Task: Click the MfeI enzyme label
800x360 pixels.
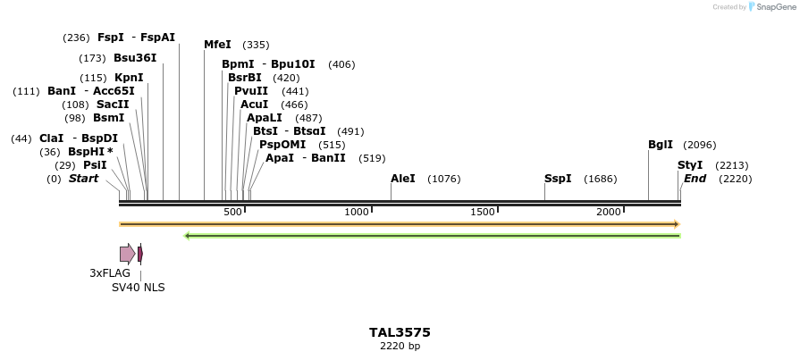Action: pyautogui.click(x=217, y=45)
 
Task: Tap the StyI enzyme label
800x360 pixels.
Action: pyautogui.click(x=690, y=165)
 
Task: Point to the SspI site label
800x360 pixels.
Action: pyautogui.click(x=558, y=179)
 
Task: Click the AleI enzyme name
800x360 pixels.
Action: pyautogui.click(x=403, y=179)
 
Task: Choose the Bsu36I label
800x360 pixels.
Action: pyautogui.click(x=135, y=58)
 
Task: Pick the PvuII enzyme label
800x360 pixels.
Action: pyautogui.click(x=251, y=91)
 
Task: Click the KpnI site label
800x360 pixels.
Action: pyautogui.click(x=129, y=78)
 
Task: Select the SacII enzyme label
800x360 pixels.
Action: pyautogui.click(x=113, y=105)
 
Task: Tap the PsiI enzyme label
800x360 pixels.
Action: pyautogui.click(x=95, y=165)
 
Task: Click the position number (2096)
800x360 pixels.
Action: pyautogui.click(x=699, y=145)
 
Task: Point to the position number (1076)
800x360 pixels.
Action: pyautogui.click(x=444, y=179)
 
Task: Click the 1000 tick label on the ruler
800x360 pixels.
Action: pyautogui.click(x=358, y=212)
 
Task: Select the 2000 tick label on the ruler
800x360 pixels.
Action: pyautogui.click(x=609, y=212)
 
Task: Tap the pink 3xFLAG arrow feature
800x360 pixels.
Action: pyautogui.click(x=127, y=254)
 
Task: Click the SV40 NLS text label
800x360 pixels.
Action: pyautogui.click(x=138, y=288)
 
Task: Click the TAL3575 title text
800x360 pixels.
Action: pyautogui.click(x=400, y=332)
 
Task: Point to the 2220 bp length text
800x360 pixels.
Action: pyautogui.click(x=400, y=347)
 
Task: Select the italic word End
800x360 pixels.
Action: pyautogui.click(x=695, y=179)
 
